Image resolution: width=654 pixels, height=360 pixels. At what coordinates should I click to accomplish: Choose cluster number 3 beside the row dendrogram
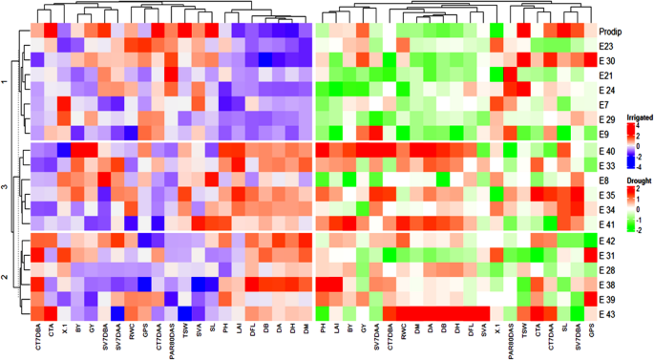(x=6, y=187)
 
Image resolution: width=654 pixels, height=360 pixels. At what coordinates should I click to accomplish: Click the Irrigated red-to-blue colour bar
(x=630, y=145)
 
